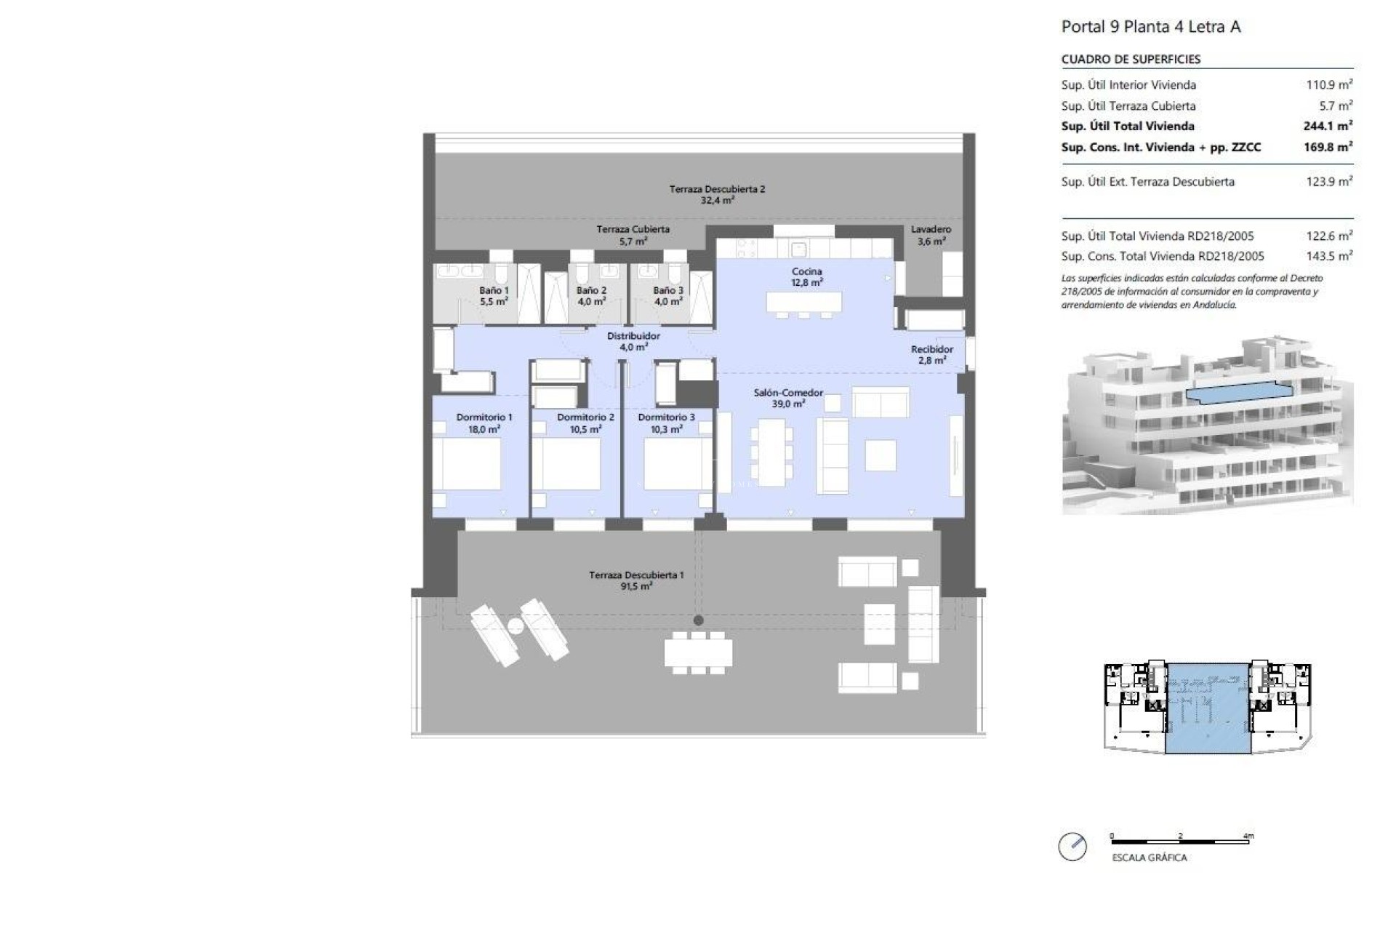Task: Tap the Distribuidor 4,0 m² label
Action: tap(633, 341)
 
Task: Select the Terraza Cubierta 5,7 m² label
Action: tap(633, 234)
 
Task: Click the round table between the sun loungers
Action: tap(516, 626)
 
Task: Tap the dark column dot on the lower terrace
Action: tap(698, 620)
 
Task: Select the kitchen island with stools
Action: tap(803, 302)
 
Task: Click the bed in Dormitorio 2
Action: tap(570, 464)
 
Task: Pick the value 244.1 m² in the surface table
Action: tap(1328, 126)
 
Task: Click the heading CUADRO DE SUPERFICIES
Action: tap(1131, 60)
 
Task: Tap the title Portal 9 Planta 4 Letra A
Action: tap(1151, 27)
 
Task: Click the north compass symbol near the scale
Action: tap(1072, 847)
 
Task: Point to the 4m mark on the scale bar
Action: tap(1248, 836)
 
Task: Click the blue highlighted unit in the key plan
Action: tap(1208, 708)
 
